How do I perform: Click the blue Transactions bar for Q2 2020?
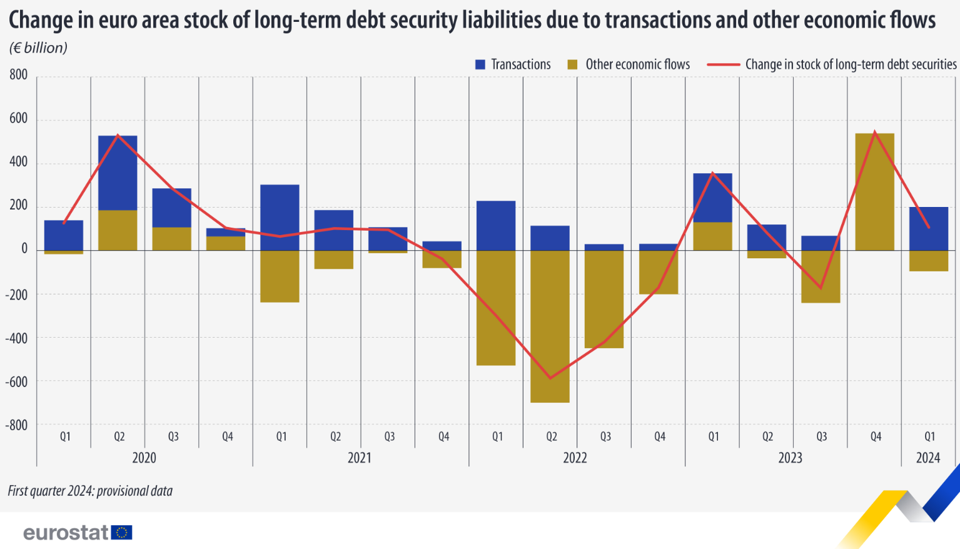[x=118, y=173]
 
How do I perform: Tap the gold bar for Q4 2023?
[x=874, y=191]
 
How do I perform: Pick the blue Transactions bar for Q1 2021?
[x=280, y=217]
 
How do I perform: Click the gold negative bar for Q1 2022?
[x=496, y=308]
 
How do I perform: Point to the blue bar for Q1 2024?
[x=928, y=228]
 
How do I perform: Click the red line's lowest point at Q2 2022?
[x=550, y=378]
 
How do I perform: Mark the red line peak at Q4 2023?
[x=874, y=132]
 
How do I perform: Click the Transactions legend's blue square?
[x=480, y=64]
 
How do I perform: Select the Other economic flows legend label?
[x=637, y=64]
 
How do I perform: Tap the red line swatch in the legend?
[x=723, y=64]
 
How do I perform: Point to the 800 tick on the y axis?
[x=19, y=75]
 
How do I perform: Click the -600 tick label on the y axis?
[x=17, y=381]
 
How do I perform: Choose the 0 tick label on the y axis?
[x=24, y=249]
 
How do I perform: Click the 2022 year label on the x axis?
[x=575, y=458]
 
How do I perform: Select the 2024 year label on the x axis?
[x=927, y=458]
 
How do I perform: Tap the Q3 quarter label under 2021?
[x=389, y=436]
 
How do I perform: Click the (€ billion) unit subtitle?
[x=38, y=48]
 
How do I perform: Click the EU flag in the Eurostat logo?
[x=122, y=532]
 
